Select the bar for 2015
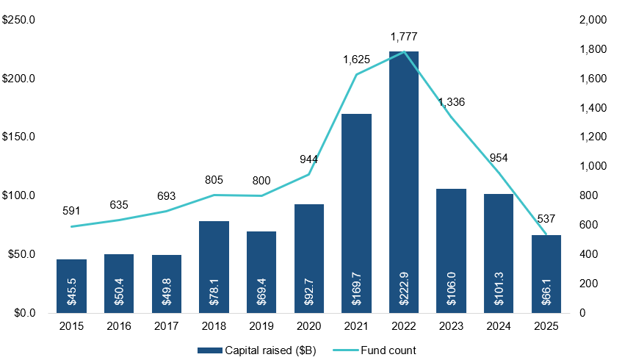72,286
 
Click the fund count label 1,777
405,37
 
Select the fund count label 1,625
357,59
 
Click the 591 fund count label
72,211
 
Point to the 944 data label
308,159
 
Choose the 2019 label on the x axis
261,325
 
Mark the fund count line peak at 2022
404,52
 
